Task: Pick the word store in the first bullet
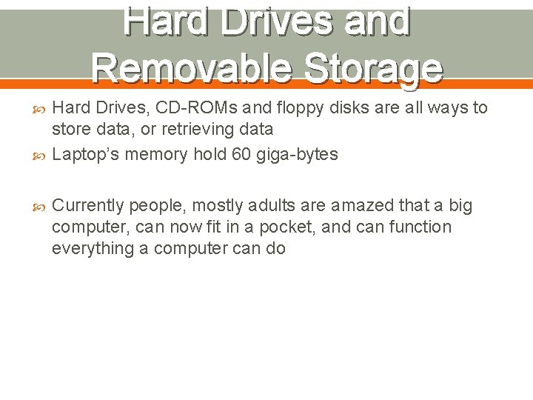(72, 129)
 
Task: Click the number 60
(228, 154)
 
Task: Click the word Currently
(87, 206)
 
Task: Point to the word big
(460, 206)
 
